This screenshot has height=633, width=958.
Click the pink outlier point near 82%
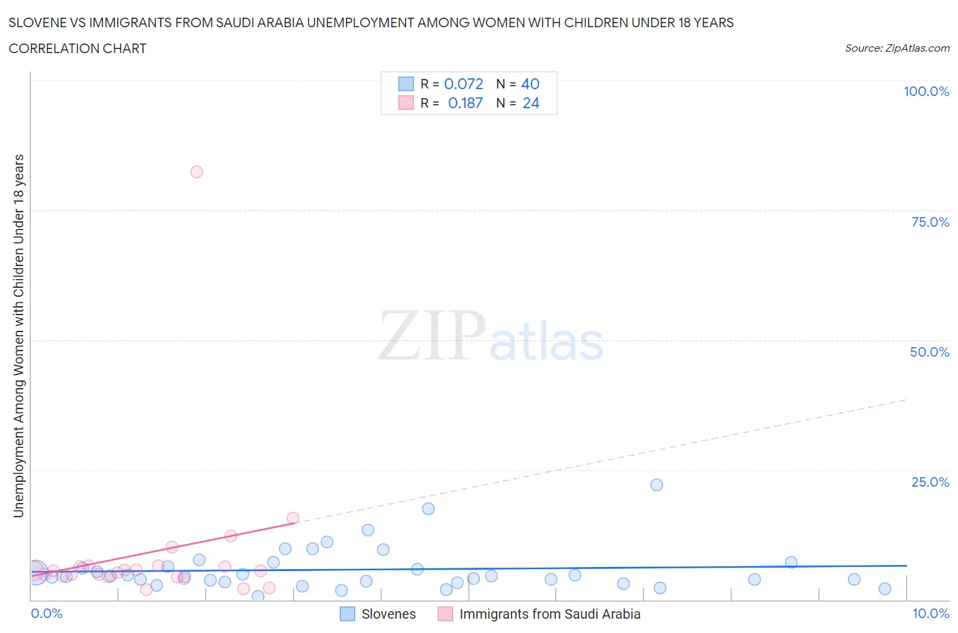(x=196, y=172)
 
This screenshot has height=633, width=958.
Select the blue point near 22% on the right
(x=656, y=485)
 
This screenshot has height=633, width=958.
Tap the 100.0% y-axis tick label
(x=926, y=91)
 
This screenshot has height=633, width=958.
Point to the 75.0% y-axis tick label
(x=930, y=222)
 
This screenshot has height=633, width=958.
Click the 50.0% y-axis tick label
(x=929, y=352)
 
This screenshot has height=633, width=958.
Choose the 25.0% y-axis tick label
(x=930, y=482)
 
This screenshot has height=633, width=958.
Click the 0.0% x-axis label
(x=46, y=613)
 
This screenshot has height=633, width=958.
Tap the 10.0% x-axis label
(x=930, y=613)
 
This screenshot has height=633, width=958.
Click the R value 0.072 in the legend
(x=463, y=84)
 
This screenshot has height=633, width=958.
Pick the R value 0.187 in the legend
(x=465, y=103)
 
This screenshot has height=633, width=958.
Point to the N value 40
(x=530, y=84)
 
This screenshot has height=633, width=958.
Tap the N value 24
(x=531, y=103)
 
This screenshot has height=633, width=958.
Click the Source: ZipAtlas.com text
(x=897, y=48)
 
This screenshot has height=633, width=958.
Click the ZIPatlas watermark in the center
(x=491, y=336)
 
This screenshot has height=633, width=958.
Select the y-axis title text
(x=18, y=336)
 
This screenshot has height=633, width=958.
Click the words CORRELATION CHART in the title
(x=77, y=48)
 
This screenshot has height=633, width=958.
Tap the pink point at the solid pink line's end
(x=293, y=518)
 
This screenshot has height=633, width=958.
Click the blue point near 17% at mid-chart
(x=428, y=508)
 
